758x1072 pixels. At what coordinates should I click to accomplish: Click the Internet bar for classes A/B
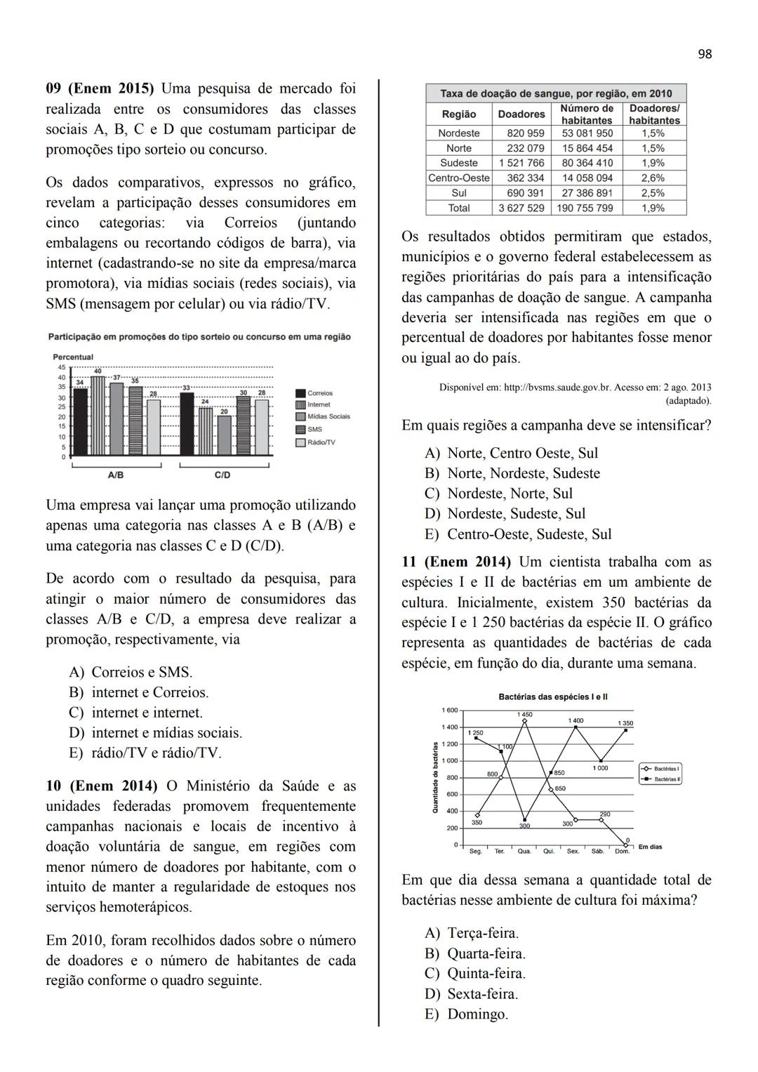[x=98, y=416]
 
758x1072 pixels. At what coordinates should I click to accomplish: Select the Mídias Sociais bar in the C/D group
[x=225, y=435]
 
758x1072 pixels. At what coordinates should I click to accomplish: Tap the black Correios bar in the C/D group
[x=187, y=424]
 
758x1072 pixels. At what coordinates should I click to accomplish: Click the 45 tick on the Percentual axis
[x=61, y=367]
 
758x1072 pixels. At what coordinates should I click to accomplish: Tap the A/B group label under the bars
[x=116, y=475]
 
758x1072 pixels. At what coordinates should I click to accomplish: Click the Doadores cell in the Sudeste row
[x=521, y=163]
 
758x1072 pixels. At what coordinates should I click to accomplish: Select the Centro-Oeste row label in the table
[x=459, y=178]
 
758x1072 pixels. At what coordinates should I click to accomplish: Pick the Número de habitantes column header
[x=587, y=114]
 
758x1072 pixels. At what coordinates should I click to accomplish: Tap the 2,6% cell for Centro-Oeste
[x=653, y=178]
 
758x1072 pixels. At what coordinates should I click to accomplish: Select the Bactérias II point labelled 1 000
[x=601, y=761]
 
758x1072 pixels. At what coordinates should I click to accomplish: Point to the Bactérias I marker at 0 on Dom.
[x=625, y=845]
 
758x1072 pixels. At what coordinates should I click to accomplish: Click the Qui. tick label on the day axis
[x=549, y=852]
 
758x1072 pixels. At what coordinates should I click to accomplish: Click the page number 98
[x=705, y=54]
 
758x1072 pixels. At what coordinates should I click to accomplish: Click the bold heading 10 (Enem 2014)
[x=102, y=786]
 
